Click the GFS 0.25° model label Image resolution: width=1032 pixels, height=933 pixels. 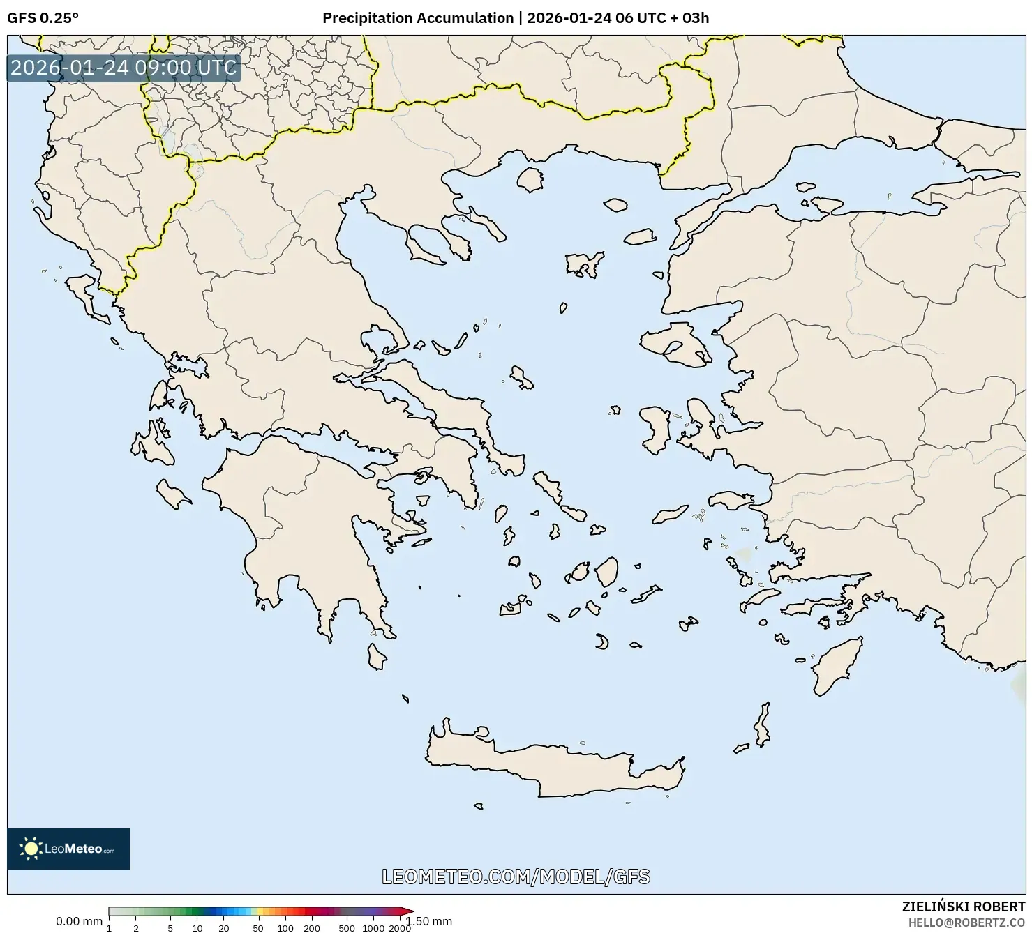click(43, 18)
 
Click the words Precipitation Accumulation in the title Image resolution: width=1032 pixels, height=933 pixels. click(417, 18)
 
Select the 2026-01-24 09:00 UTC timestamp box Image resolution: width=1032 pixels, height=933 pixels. click(124, 68)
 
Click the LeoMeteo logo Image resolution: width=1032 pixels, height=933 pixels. click(68, 849)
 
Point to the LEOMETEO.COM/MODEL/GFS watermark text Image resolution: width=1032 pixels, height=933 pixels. click(516, 877)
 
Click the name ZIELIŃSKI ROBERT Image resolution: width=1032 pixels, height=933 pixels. click(963, 907)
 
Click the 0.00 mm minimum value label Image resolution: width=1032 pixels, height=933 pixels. click(79, 921)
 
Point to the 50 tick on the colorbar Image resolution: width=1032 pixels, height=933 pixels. click(258, 928)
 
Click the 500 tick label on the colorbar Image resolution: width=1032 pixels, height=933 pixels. click(347, 928)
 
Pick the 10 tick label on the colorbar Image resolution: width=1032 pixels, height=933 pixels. click(197, 928)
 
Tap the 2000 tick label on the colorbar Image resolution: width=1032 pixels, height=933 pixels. click(399, 928)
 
